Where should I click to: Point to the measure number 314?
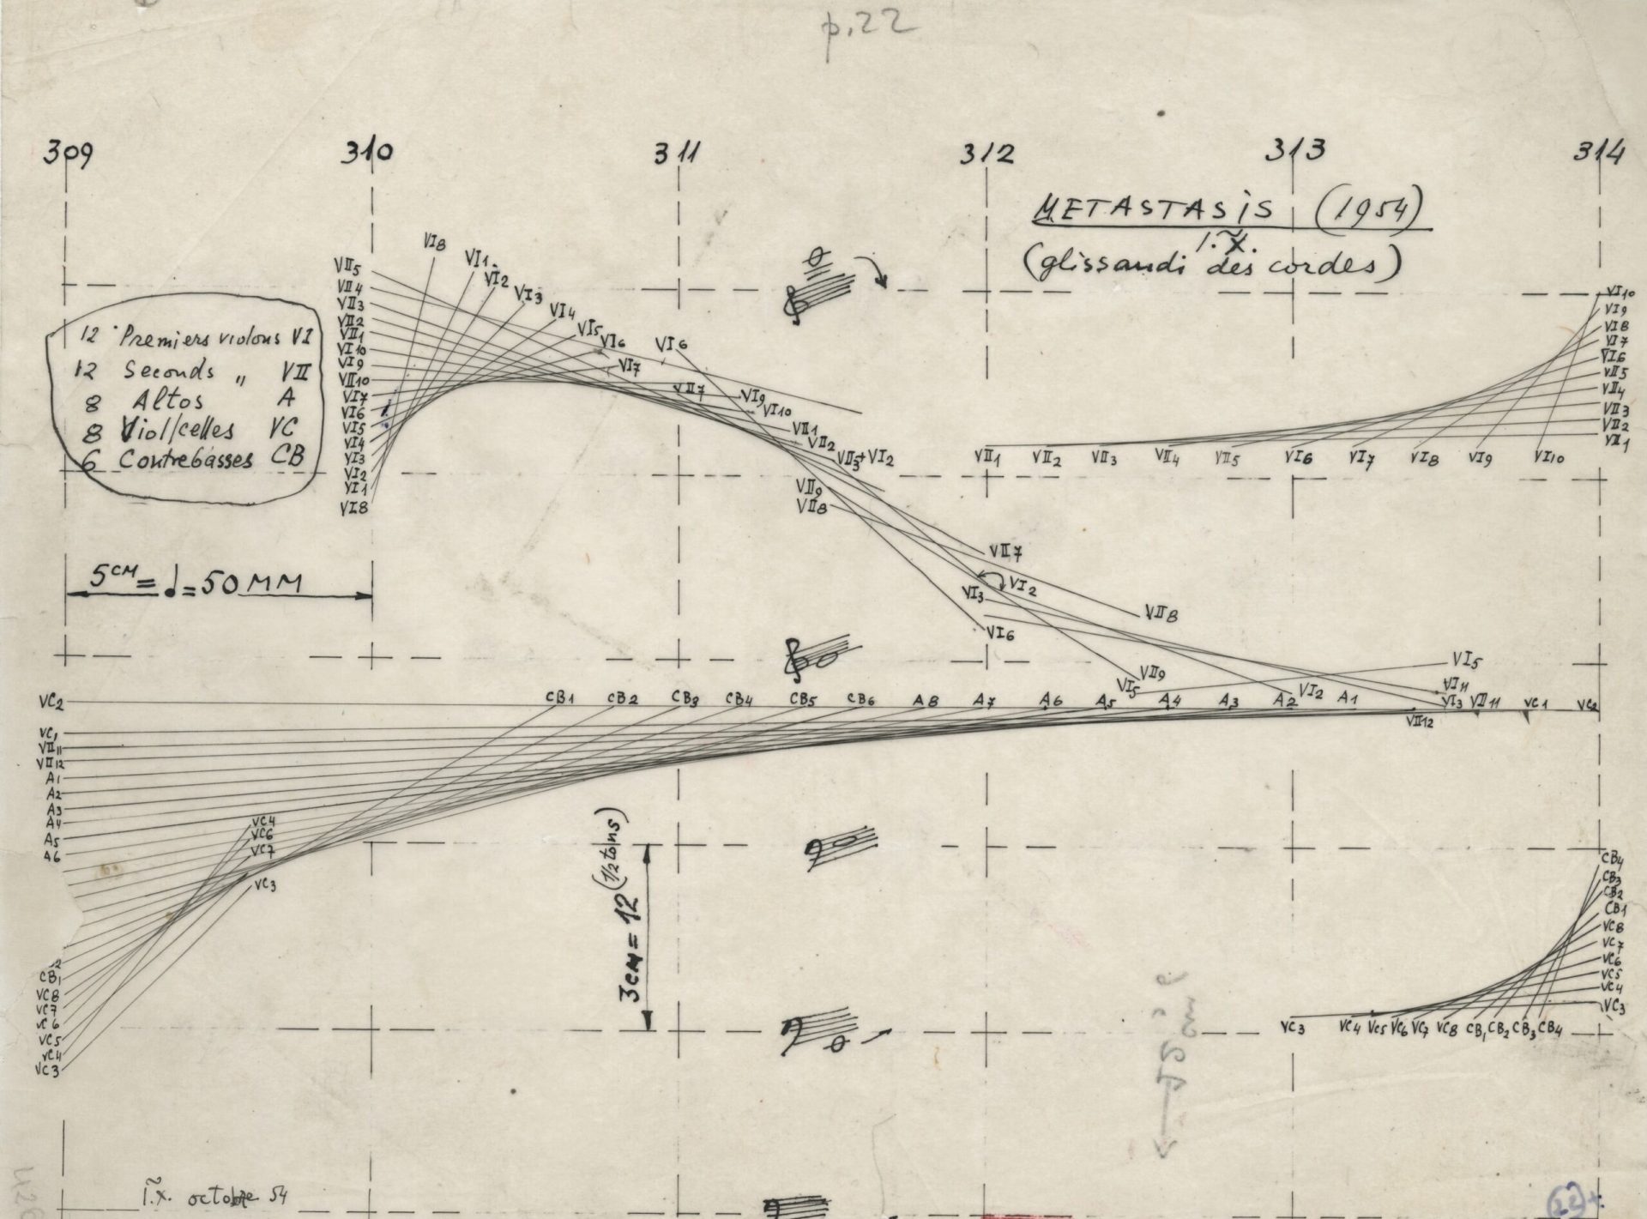pos(1598,154)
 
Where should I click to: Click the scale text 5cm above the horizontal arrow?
pos(110,582)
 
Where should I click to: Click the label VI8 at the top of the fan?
pos(434,244)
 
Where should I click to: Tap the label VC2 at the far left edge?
pos(50,703)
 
